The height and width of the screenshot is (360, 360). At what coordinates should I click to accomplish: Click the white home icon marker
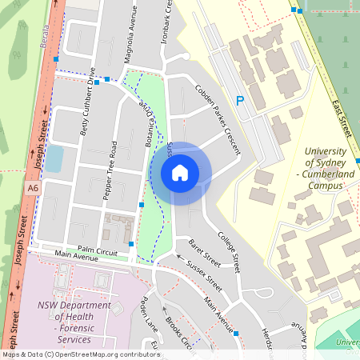180,172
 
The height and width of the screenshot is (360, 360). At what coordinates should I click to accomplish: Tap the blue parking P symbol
238,101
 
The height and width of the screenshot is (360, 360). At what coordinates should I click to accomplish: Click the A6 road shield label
32,188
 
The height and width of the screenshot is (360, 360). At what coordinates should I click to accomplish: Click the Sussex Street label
204,274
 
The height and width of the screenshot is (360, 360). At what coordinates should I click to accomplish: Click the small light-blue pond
54,159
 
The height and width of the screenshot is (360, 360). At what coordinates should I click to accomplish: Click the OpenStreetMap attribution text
80,354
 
